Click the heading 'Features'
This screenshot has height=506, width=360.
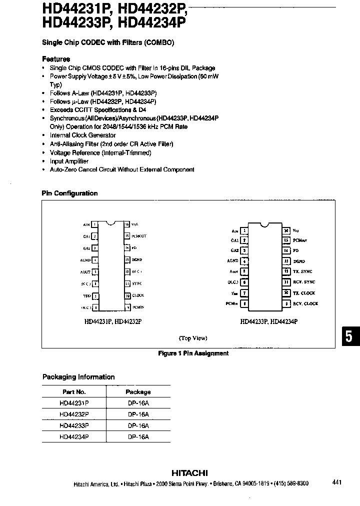[x=56, y=59]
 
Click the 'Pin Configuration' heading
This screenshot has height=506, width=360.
[x=70, y=193]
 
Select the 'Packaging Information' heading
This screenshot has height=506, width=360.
[x=78, y=377]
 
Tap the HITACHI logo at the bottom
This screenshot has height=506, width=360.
[x=189, y=473]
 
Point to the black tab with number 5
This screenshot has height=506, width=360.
[x=349, y=336]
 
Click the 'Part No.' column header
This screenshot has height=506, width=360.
[x=74, y=392]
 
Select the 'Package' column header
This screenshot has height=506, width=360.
[x=138, y=392]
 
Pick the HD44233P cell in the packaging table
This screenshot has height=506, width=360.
[x=74, y=425]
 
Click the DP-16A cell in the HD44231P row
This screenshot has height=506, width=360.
[x=138, y=403]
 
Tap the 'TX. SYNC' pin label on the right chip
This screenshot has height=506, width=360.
[x=303, y=271]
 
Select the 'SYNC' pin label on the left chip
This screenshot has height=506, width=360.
[x=137, y=283]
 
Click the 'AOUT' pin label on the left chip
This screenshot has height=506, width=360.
[x=85, y=272]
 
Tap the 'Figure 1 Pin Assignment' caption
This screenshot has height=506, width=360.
[x=193, y=353]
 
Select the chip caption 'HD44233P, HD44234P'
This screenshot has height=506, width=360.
[x=268, y=322]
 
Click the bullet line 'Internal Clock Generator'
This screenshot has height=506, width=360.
[x=82, y=135]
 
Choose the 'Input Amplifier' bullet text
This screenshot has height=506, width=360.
[x=69, y=161]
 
